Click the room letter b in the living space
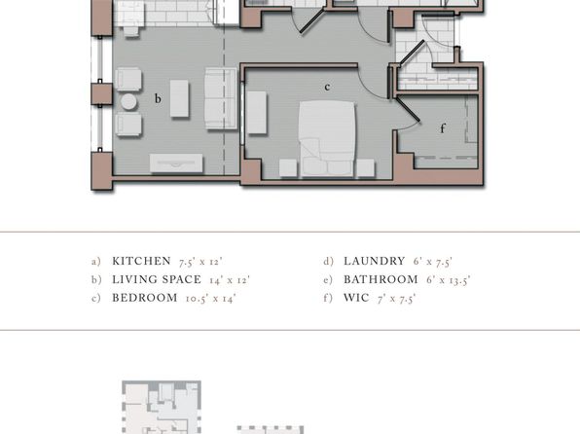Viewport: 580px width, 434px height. click(x=158, y=98)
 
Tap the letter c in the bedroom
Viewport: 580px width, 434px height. click(x=327, y=87)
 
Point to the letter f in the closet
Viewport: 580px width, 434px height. click(x=443, y=128)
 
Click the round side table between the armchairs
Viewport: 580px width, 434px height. click(x=128, y=102)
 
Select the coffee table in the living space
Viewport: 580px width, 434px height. click(x=179, y=99)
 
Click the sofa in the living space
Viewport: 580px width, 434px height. click(x=221, y=98)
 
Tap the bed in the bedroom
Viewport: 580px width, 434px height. click(x=327, y=138)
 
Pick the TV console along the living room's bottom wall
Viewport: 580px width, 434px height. click(x=176, y=163)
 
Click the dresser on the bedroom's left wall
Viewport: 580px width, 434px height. click(x=257, y=113)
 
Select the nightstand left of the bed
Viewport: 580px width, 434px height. click(x=288, y=167)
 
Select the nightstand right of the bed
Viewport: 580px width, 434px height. click(x=366, y=167)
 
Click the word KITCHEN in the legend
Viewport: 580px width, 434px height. click(x=142, y=261)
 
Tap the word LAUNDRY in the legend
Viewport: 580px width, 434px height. click(x=375, y=261)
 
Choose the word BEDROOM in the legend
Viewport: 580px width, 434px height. click(x=145, y=298)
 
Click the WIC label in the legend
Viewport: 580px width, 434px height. click(x=356, y=298)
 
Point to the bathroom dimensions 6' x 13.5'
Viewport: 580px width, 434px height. click(x=448, y=279)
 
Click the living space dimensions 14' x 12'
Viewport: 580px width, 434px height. click(x=230, y=279)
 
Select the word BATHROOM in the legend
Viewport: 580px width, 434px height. click(x=381, y=279)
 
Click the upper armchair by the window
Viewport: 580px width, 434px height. click(x=128, y=79)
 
